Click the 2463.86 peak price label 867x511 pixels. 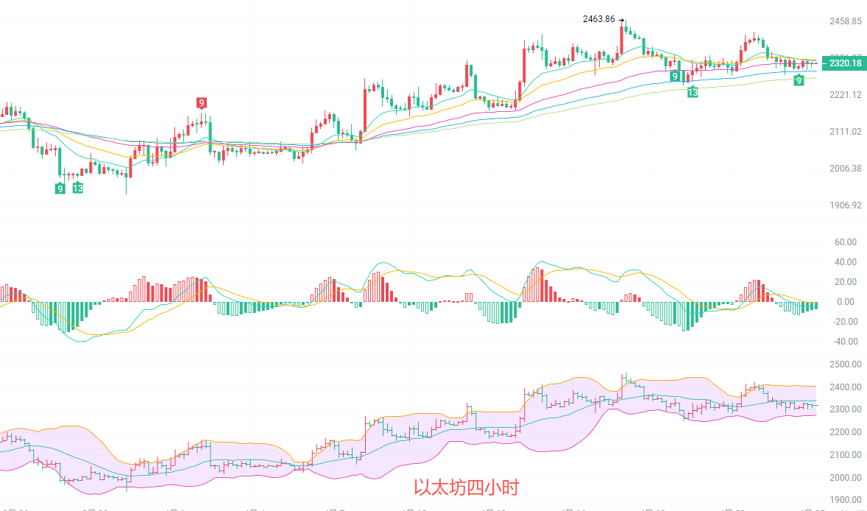point(598,19)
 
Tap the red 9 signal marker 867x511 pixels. point(201,102)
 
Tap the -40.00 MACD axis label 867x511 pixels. point(843,342)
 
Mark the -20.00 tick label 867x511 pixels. point(843,322)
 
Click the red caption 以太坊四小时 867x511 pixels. point(466,487)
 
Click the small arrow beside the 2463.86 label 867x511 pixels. point(621,20)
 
